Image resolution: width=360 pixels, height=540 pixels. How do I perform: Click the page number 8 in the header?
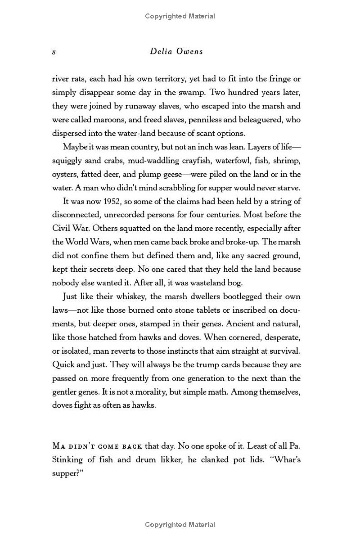point(54,52)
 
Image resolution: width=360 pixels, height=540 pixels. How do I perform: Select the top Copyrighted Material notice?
point(180,16)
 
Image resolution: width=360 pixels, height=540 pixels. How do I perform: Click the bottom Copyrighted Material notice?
point(180,524)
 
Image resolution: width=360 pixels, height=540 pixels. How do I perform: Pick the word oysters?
point(66,174)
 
